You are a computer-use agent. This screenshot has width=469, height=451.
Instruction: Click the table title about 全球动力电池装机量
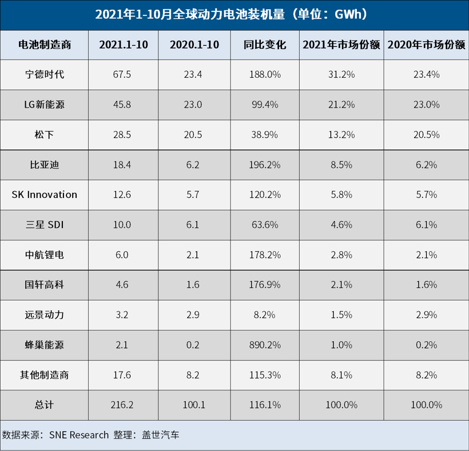[x=234, y=14]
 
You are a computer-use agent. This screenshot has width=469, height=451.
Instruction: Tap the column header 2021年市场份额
[x=341, y=45]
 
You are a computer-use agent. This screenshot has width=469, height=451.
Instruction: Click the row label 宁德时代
[x=44, y=74]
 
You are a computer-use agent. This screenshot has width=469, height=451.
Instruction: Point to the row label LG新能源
[x=44, y=104]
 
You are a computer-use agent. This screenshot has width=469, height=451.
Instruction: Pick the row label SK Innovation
[x=44, y=195]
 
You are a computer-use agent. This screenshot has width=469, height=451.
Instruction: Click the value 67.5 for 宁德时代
[x=123, y=74]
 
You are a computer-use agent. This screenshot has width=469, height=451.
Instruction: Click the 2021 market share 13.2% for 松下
[x=341, y=134]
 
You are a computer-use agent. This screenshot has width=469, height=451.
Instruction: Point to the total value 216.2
[x=123, y=405]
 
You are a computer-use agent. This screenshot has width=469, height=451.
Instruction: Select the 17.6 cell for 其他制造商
[x=123, y=375]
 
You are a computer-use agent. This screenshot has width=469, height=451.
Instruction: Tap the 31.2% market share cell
[x=341, y=74]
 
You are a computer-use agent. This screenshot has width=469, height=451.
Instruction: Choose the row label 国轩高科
[x=44, y=284]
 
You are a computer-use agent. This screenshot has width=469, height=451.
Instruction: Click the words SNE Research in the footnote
[x=78, y=435]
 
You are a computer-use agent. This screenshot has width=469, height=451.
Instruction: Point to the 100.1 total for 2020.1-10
[x=193, y=405]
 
